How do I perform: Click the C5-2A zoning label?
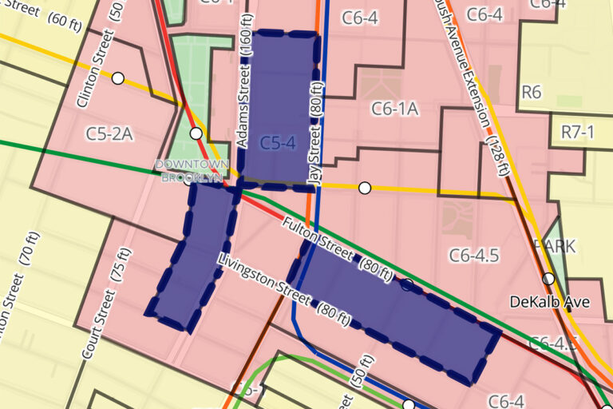pyautogui.click(x=109, y=133)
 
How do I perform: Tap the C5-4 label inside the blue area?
pyautogui.click(x=278, y=143)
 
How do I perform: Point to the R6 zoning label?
pyautogui.click(x=531, y=92)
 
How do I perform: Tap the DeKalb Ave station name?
pyautogui.click(x=550, y=302)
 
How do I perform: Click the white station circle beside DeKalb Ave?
pyautogui.click(x=548, y=279)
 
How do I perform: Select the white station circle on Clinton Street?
pyautogui.click(x=118, y=78)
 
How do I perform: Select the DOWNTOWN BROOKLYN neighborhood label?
pyautogui.click(x=192, y=170)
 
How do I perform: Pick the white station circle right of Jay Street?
pyautogui.click(x=365, y=188)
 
